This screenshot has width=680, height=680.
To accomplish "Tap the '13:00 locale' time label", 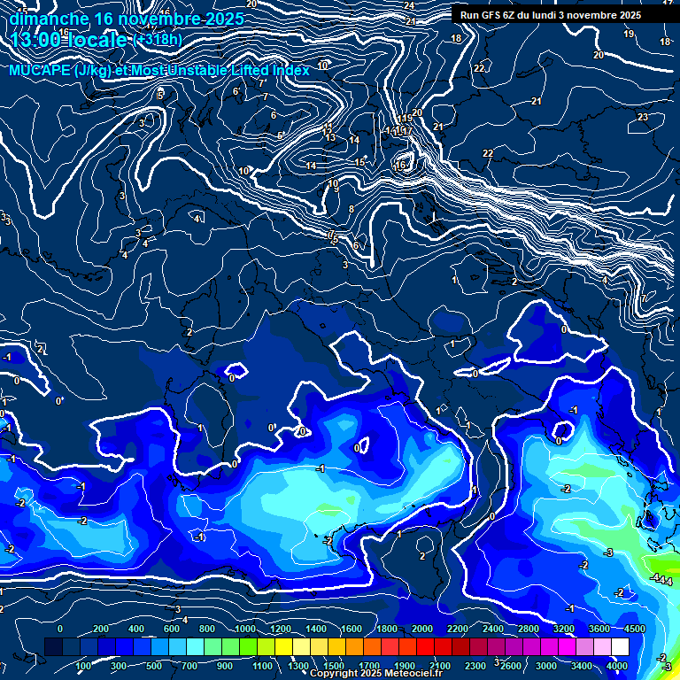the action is (69, 40).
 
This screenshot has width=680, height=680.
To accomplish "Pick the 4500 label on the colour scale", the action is (635, 628).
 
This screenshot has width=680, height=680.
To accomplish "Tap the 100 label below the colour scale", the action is (84, 666).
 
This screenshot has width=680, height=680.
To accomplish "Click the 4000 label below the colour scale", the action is (617, 666).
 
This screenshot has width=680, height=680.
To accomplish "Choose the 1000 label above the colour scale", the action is (244, 628).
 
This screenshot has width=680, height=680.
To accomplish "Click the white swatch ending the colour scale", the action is (635, 648).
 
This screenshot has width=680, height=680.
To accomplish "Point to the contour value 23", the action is (643, 117).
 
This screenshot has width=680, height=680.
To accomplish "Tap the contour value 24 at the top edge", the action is (409, 5).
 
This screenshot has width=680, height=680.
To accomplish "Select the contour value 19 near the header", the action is (629, 34).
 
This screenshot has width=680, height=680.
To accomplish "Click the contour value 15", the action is (360, 162).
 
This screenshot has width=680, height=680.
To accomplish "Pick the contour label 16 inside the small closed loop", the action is (400, 166).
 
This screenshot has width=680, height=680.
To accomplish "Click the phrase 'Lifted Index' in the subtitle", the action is (265, 70).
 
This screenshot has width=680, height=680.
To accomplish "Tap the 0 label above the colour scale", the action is (60, 628).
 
